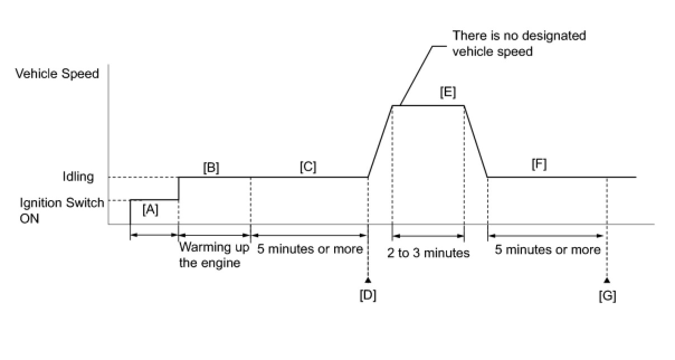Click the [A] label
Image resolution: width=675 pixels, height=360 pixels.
150,210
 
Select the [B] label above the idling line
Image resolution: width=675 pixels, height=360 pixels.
211,167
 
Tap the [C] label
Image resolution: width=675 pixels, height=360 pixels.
308,167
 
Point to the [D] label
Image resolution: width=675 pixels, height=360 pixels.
368,295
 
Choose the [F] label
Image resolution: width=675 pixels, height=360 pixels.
539,164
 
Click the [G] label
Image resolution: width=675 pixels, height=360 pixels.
607,295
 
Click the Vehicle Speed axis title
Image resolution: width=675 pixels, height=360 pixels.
57,74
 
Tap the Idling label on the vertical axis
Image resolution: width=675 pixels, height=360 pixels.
78,177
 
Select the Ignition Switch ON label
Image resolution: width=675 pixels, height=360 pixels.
61,210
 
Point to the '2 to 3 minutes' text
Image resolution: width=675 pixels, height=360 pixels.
429,253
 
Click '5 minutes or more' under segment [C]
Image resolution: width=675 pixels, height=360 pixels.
310,249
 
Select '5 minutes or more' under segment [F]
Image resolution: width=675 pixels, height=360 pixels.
548,249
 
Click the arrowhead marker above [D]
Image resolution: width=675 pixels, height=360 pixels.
368,280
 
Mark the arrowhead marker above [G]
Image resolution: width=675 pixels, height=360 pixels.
607,280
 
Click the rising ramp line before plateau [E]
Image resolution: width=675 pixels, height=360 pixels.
380,141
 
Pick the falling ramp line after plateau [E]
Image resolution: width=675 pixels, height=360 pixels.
476,141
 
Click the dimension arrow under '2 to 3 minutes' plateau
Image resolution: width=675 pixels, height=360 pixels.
429,236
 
